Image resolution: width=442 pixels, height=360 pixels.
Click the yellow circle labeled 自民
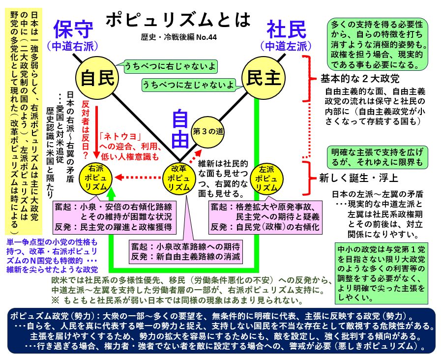coord(97,78)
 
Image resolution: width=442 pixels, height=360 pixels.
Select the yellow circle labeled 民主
coord(264,78)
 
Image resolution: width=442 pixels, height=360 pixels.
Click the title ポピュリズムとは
coord(177,19)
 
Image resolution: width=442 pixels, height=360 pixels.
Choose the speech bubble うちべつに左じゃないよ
coord(188,85)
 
